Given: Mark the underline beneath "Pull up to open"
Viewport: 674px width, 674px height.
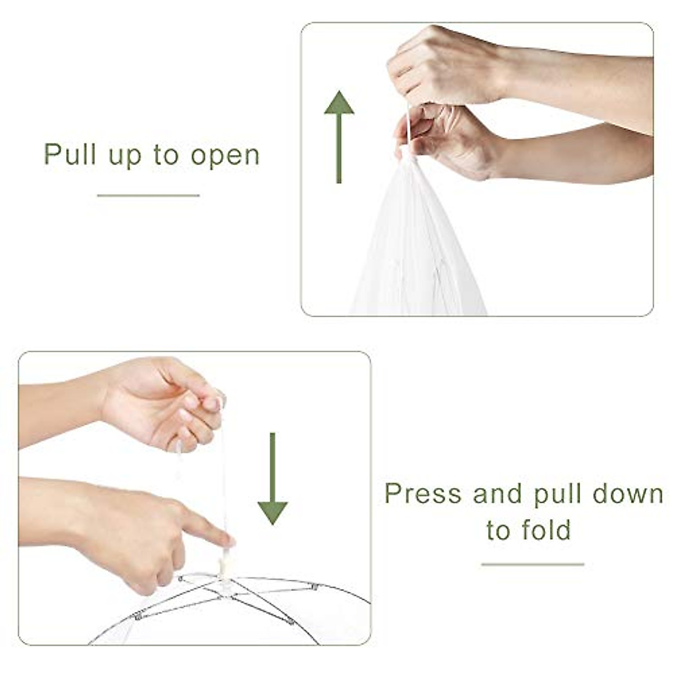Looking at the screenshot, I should coord(148,195).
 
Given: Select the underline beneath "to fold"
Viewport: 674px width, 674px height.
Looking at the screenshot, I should coord(532,564).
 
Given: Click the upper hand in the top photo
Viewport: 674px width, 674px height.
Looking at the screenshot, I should coord(444,65).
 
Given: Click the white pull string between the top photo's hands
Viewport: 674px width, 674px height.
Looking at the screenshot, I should coord(408,128).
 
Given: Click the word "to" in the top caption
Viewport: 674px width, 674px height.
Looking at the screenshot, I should coord(166,155).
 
